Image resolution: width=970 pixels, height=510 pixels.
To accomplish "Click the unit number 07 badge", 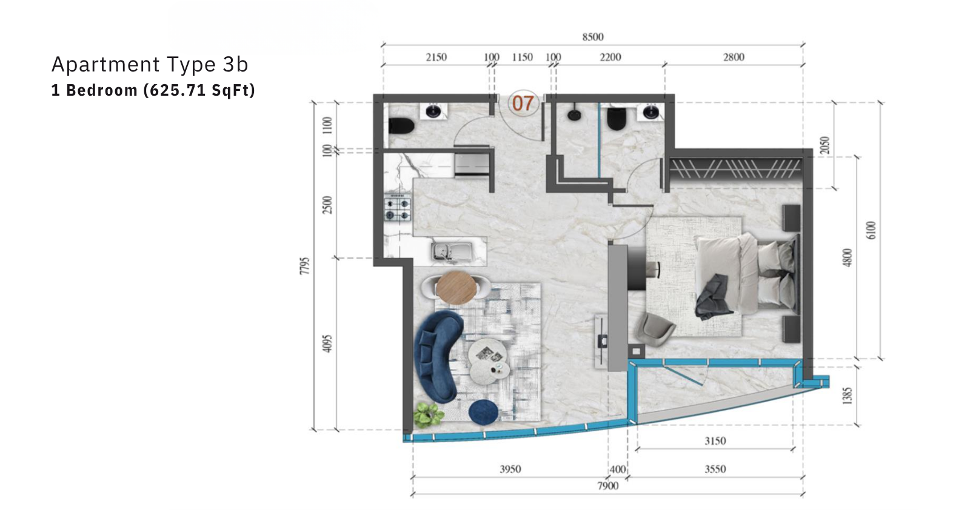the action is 523,104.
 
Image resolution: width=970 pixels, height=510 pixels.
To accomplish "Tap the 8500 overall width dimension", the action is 592,37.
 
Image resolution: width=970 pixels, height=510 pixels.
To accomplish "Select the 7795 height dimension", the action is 305,265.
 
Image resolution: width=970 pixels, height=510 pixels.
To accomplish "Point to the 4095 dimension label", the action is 328,343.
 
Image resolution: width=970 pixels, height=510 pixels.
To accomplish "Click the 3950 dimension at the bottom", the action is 510,469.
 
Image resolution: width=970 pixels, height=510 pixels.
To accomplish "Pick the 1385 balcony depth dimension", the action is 847,396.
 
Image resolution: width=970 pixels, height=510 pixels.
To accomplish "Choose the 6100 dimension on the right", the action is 871,230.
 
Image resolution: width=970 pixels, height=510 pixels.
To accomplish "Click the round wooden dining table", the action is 457,288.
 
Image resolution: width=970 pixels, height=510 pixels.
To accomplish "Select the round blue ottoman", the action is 483,412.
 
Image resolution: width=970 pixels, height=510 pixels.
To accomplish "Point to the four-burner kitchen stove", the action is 398,209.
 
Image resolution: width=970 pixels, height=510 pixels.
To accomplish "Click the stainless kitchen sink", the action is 451,252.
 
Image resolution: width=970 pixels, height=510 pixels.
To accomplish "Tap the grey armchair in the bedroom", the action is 655,330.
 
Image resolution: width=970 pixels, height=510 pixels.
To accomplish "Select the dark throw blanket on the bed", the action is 713,297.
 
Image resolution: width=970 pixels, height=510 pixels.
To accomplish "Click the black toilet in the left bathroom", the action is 401,126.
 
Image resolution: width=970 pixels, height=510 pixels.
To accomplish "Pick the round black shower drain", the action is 574,115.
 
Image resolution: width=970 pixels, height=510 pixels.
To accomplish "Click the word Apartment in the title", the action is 105,64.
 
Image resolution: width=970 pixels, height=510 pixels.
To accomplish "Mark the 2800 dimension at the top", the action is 734,57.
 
